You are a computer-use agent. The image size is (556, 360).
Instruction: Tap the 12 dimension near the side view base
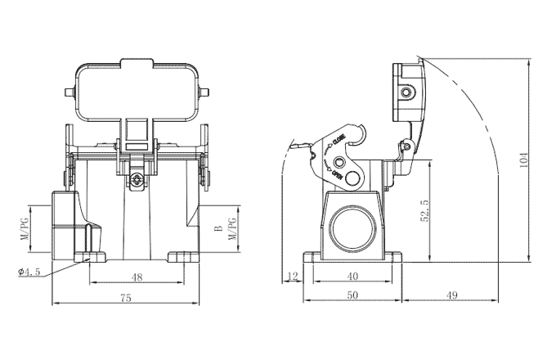(x=291, y=276)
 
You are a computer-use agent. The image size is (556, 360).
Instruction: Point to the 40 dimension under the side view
(x=352, y=276)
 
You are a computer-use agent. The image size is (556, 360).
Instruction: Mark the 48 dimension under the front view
(x=137, y=277)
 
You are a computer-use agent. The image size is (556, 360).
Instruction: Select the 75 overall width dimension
(x=125, y=299)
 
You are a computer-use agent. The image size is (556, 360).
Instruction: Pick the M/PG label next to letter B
(x=231, y=229)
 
